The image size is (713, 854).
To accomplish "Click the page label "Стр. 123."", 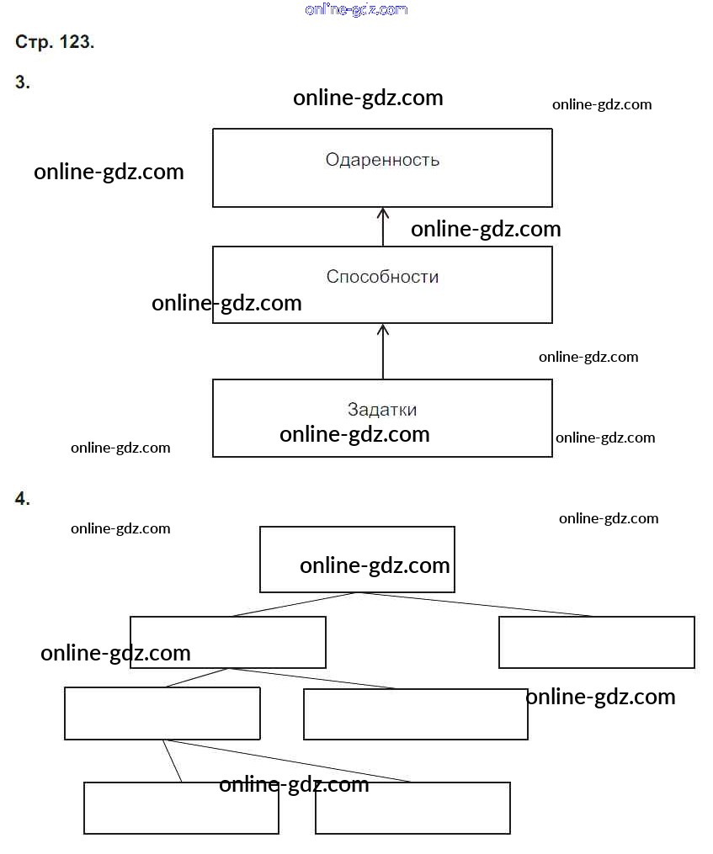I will click(x=55, y=42).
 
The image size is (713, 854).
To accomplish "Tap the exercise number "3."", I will click(x=23, y=82).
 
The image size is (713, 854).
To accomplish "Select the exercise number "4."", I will click(x=23, y=499).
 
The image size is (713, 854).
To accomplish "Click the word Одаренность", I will click(x=382, y=160).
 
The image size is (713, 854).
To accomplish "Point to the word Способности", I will click(x=382, y=277).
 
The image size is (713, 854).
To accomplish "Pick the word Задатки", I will click(x=382, y=410).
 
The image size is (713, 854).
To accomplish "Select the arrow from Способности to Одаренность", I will click(x=383, y=226).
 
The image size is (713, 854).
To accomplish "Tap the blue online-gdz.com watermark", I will click(x=356, y=9).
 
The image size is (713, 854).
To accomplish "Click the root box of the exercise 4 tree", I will click(x=357, y=559).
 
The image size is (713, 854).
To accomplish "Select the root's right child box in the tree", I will click(x=596, y=642).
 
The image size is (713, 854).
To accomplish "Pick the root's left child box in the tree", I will click(x=227, y=642).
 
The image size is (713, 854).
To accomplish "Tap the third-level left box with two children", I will click(x=162, y=713).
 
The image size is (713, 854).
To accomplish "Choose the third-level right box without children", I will click(x=415, y=714).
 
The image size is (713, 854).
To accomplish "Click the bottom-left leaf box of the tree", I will click(x=181, y=808).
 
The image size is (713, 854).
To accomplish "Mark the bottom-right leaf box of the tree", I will click(x=412, y=808).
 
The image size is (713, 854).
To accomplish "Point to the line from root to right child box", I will click(x=476, y=604).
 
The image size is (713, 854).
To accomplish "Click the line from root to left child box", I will click(x=295, y=604).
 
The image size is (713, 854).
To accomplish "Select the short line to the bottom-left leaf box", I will click(x=173, y=761).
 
